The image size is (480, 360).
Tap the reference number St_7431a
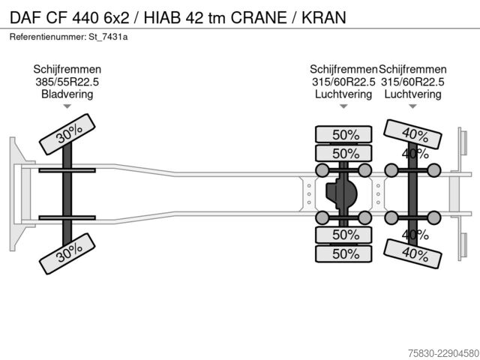point(108,37)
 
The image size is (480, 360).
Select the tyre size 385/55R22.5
point(67,82)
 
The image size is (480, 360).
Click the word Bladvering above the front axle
point(67,94)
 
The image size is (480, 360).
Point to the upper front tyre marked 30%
point(67,134)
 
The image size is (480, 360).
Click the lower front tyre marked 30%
point(67,253)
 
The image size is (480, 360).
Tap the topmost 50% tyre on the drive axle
point(343,134)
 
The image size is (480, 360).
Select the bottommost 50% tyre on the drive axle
point(343,253)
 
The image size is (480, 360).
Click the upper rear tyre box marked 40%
point(412,134)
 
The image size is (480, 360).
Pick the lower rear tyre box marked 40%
point(412,253)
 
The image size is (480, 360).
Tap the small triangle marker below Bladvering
point(67,106)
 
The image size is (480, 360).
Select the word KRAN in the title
point(324,17)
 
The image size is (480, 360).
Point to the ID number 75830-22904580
point(443,353)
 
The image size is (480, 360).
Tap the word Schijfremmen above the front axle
point(67,70)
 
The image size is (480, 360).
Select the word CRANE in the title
point(259,17)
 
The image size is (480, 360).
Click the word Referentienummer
point(47,37)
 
